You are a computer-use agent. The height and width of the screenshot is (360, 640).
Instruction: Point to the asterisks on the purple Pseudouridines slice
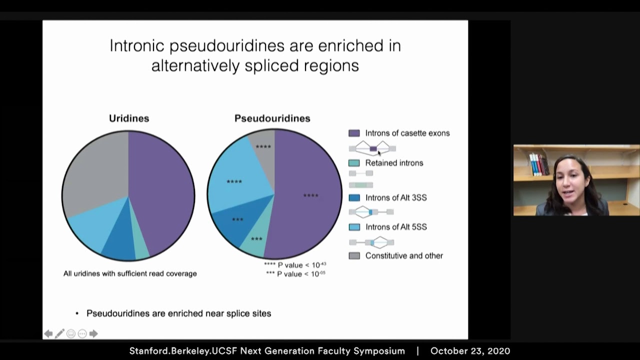click(310, 195)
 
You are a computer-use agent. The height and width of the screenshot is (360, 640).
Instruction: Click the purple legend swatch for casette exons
click(354, 133)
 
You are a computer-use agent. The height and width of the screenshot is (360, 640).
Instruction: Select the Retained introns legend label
click(394, 163)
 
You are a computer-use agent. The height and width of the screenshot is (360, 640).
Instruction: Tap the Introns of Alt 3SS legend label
click(396, 197)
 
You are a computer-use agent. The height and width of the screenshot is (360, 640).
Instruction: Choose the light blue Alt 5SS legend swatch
click(354, 227)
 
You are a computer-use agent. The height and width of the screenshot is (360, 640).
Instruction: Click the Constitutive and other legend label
click(404, 255)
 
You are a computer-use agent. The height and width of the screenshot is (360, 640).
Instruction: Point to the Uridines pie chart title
click(129, 118)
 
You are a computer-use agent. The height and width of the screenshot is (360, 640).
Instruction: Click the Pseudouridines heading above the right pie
click(272, 118)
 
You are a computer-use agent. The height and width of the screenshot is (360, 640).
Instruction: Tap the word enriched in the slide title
click(350, 45)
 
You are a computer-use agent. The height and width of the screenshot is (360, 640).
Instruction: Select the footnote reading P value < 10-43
click(295, 265)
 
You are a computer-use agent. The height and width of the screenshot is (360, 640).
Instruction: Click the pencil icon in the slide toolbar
click(59, 333)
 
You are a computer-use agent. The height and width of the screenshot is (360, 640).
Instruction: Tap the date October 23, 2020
click(470, 351)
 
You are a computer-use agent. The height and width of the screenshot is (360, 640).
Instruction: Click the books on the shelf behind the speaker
click(539, 164)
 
